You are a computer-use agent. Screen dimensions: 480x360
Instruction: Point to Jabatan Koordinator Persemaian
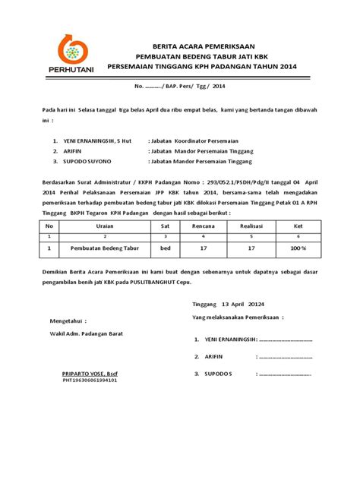click(x=202, y=141)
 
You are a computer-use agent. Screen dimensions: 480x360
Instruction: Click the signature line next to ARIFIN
click(x=286, y=356)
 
